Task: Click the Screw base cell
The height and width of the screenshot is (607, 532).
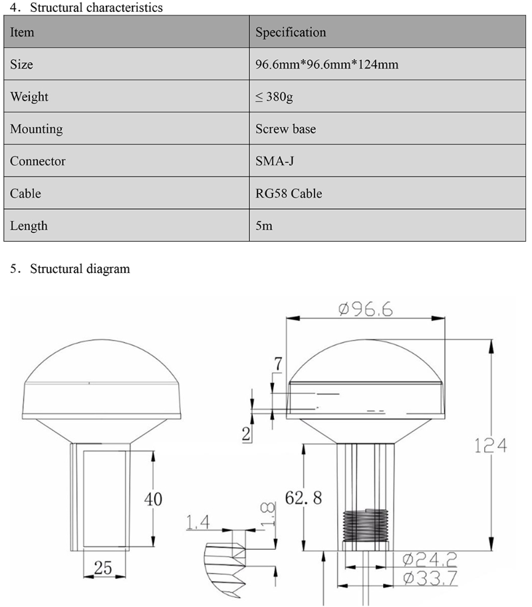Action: tap(285, 129)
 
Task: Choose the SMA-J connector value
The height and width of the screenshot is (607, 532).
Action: tap(275, 161)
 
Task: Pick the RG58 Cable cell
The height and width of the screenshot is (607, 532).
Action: tap(289, 194)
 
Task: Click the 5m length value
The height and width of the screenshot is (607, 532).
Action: tap(264, 226)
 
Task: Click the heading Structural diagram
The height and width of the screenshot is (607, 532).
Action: tap(80, 270)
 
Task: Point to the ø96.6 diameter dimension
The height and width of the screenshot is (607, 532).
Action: tap(365, 309)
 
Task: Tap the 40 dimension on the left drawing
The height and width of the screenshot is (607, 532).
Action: tap(153, 499)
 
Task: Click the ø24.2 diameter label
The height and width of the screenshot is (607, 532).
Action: tap(430, 558)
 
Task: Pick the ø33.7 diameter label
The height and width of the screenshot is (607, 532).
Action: tap(430, 577)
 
